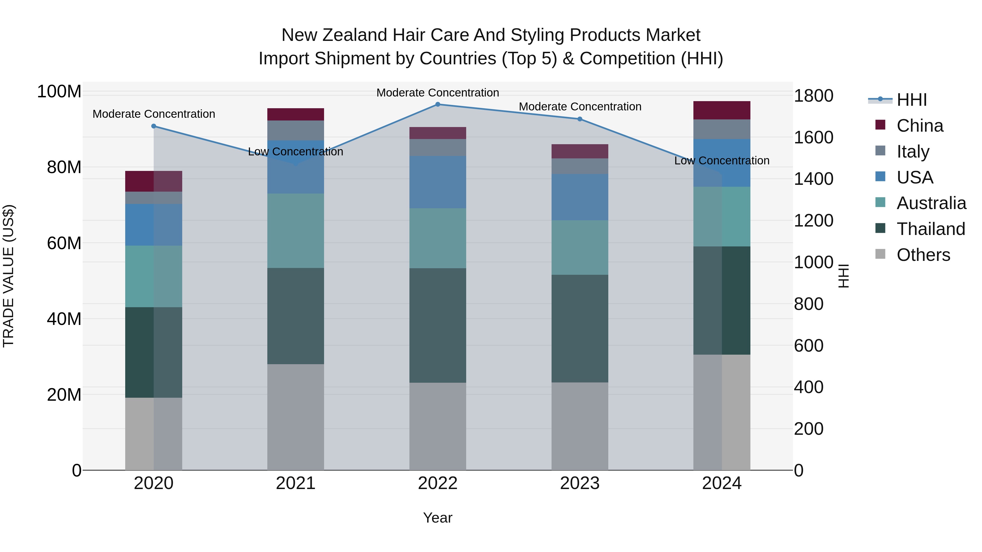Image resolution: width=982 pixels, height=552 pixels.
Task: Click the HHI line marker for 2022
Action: pyautogui.click(x=438, y=104)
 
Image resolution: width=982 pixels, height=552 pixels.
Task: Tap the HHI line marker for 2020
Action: pyautogui.click(x=154, y=126)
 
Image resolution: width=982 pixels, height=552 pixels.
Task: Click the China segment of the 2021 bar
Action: pyautogui.click(x=295, y=114)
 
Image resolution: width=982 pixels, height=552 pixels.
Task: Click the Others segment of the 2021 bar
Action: pyautogui.click(x=295, y=417)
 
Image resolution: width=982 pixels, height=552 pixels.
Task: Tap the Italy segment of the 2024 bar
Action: pyautogui.click(x=721, y=129)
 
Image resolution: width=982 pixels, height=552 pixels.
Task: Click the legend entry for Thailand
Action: pyautogui.click(x=930, y=229)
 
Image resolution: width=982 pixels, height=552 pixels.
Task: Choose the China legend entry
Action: pyautogui.click(x=920, y=126)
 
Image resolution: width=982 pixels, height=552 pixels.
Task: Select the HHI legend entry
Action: pyautogui.click(x=911, y=100)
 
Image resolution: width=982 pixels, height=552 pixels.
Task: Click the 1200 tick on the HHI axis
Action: pyautogui.click(x=813, y=221)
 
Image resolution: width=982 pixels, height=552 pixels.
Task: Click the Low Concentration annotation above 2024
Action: pyautogui.click(x=721, y=161)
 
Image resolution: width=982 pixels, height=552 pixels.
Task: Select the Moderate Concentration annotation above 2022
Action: pyautogui.click(x=438, y=93)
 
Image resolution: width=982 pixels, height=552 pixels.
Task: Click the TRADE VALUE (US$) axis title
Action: pyautogui.click(x=8, y=276)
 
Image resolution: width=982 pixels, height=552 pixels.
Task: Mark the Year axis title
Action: pyautogui.click(x=438, y=518)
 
